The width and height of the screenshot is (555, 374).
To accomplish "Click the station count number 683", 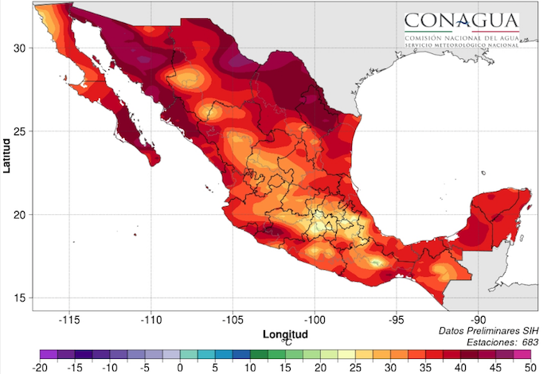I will click(529, 341).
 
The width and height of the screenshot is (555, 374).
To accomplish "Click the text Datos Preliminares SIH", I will click(487, 329).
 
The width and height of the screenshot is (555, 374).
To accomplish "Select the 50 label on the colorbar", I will click(528, 367).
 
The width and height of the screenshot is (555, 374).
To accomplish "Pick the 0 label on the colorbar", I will click(181, 367).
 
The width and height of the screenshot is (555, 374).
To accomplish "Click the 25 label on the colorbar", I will click(354, 367).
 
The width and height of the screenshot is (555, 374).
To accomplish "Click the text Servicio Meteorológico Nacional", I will click(461, 45).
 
